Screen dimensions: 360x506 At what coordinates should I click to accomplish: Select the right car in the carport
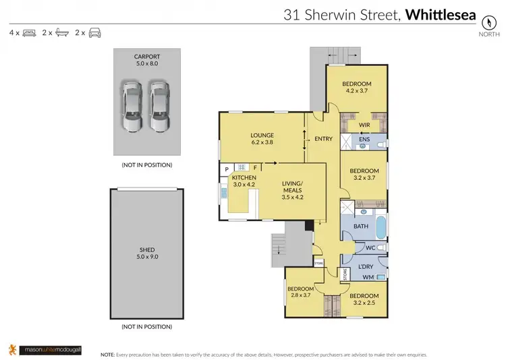(159, 107)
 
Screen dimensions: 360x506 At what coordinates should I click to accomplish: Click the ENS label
(364, 140)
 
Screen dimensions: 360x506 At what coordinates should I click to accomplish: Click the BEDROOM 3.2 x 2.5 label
(364, 299)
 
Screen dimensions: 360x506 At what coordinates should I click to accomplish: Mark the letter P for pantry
(227, 167)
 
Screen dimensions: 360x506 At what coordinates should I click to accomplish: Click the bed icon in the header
(30, 32)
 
